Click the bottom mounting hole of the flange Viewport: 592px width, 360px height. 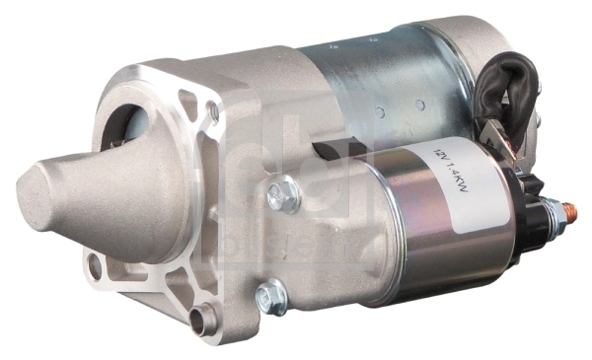pos(204,318)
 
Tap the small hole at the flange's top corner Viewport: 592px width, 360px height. pos(213,111)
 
